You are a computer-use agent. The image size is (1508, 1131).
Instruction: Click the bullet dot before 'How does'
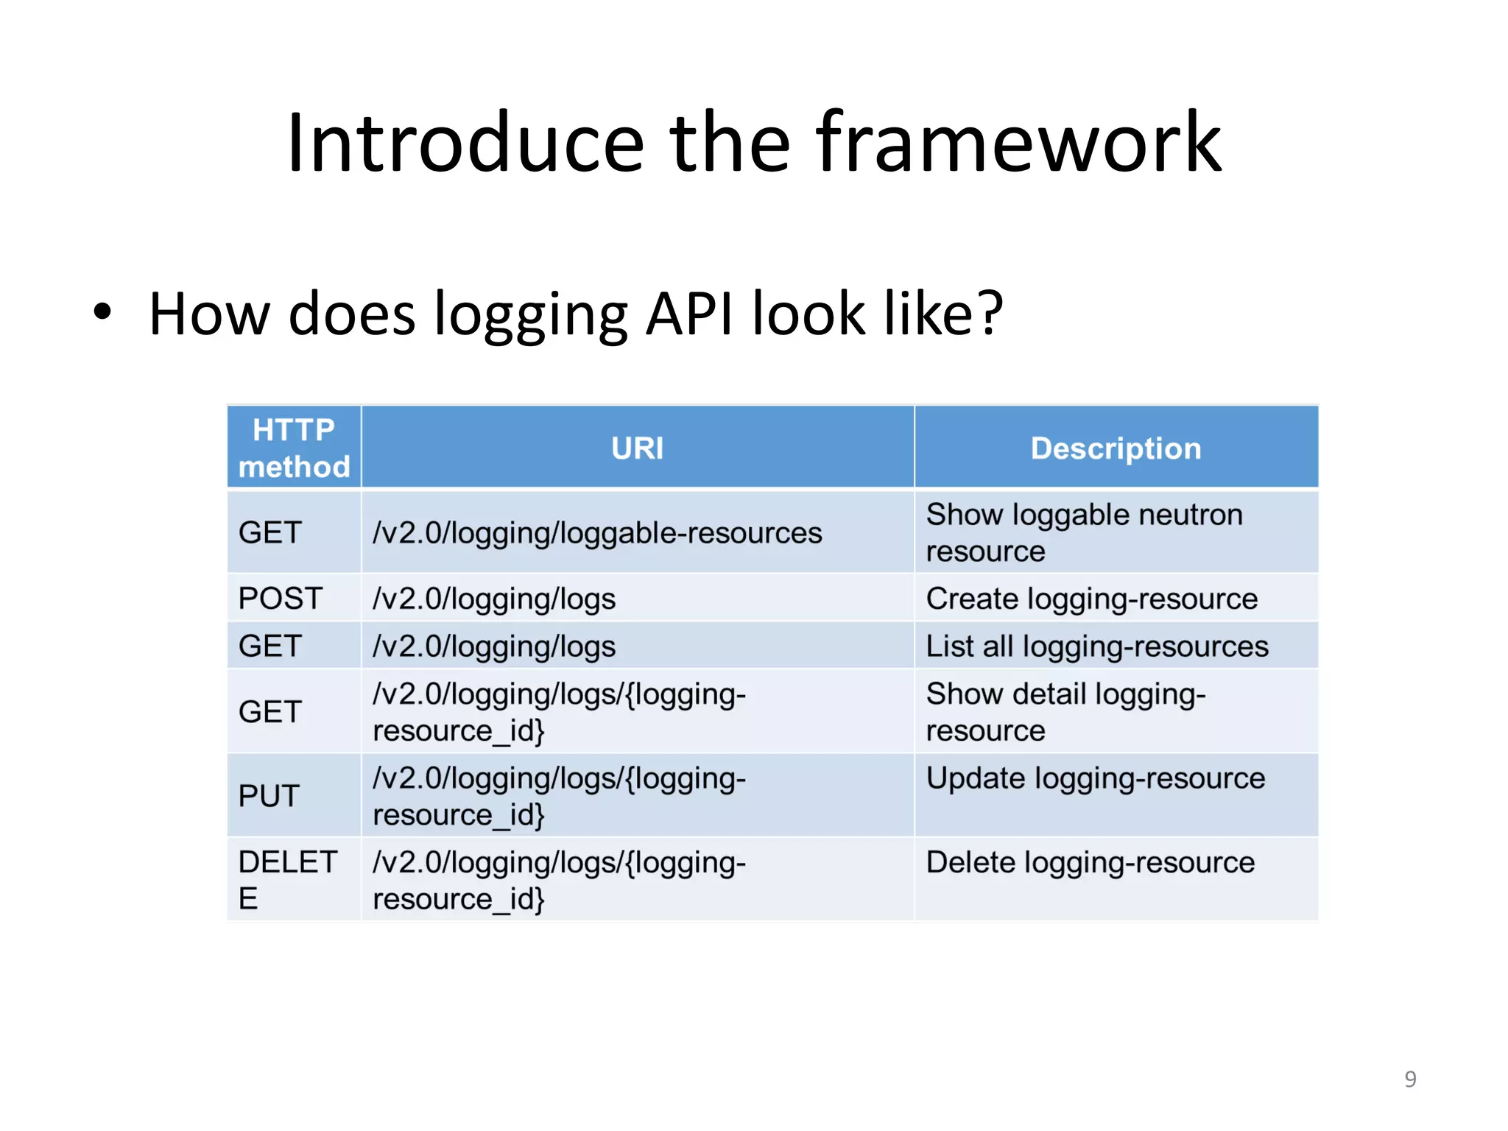[102, 311]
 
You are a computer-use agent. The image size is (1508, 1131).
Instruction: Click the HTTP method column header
[294, 448]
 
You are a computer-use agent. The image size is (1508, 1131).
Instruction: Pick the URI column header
[637, 448]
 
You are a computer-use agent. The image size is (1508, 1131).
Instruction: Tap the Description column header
[1116, 448]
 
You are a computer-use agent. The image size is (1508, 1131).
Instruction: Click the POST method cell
[281, 599]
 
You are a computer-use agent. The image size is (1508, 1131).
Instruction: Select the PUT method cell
[269, 796]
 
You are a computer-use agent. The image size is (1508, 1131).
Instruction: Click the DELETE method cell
[287, 880]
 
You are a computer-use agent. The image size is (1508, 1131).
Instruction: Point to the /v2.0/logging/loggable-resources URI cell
[597, 532]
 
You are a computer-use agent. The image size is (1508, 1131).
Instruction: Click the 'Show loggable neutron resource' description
[1084, 532]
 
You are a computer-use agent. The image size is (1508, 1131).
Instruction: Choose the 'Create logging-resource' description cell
[1091, 599]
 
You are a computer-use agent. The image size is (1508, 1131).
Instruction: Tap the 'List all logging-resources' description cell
[1097, 646]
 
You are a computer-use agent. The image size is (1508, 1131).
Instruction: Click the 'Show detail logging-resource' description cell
[1065, 712]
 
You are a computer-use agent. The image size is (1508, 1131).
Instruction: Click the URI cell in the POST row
[494, 599]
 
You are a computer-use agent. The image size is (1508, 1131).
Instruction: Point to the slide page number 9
[1410, 1079]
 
